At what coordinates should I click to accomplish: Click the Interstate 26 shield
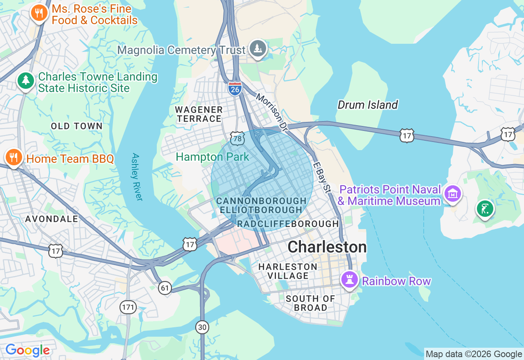pyautogui.click(x=235, y=88)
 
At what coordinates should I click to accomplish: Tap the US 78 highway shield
pyautogui.click(x=237, y=139)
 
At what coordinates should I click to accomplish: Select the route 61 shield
pyautogui.click(x=165, y=288)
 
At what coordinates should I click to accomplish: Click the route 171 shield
pyautogui.click(x=128, y=307)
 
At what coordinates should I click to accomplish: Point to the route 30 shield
pyautogui.click(x=202, y=327)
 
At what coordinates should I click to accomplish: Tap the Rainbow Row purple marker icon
pyautogui.click(x=350, y=280)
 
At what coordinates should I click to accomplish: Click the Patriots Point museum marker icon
pyautogui.click(x=452, y=193)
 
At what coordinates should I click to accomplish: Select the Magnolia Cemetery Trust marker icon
pyautogui.click(x=258, y=49)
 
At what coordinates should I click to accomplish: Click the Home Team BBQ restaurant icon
pyautogui.click(x=14, y=157)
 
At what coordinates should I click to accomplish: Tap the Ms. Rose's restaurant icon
pyautogui.click(x=39, y=13)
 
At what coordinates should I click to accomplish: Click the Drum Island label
pyautogui.click(x=367, y=105)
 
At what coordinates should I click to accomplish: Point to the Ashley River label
pyautogui.click(x=137, y=177)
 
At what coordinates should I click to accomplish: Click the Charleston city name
pyautogui.click(x=327, y=247)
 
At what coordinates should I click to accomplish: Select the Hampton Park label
pyautogui.click(x=212, y=157)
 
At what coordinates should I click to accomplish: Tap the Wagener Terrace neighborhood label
pyautogui.click(x=199, y=114)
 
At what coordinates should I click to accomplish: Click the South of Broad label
pyautogui.click(x=311, y=303)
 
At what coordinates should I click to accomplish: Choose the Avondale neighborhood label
pyautogui.click(x=52, y=219)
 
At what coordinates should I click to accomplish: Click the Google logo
pyautogui.click(x=28, y=350)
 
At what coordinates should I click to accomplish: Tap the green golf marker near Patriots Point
pyautogui.click(x=485, y=209)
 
